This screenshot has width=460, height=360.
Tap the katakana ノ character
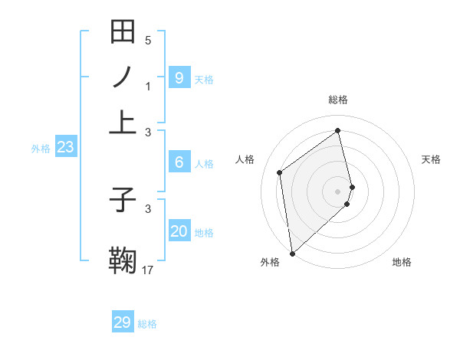coord(123,76)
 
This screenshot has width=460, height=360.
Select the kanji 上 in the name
coord(123,121)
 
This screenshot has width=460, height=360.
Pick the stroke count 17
coord(148,270)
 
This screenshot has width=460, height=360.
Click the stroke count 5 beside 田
coord(148,41)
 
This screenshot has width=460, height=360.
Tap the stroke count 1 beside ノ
coord(148,87)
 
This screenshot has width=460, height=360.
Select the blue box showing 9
coord(179,78)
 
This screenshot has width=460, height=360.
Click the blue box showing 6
coord(179,162)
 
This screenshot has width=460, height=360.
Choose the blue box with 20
coord(179,231)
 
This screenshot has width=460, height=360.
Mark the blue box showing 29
coord(123,322)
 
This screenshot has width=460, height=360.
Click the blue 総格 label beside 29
coord(147,324)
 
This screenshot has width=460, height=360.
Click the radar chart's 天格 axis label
coord(431,159)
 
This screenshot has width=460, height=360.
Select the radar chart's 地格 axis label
coord(402,262)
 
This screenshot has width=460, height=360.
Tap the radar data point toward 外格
coord(292,253)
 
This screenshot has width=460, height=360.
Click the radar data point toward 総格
coord(337,130)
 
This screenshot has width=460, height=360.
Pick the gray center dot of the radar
coord(337,191)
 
